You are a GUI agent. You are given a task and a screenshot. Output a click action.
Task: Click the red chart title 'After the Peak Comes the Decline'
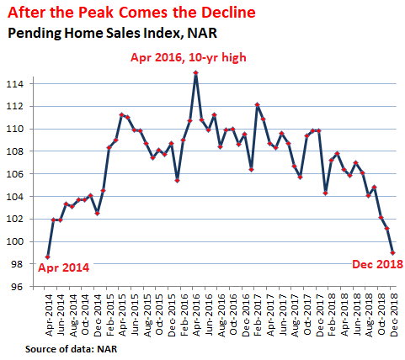click(131, 13)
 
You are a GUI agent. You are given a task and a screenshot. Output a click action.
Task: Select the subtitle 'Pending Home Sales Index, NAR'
click(112, 33)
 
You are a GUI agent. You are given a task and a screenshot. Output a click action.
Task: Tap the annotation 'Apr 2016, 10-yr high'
click(189, 57)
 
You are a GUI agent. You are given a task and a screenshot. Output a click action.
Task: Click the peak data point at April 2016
click(196, 73)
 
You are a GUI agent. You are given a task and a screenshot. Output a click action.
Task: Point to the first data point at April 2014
click(48, 257)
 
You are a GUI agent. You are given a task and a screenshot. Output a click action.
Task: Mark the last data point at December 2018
click(392, 252)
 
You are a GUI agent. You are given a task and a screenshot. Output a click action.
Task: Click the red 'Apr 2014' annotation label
click(63, 267)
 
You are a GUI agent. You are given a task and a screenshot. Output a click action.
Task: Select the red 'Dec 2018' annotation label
click(377, 264)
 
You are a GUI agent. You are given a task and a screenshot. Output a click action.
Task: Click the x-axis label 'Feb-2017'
click(258, 315)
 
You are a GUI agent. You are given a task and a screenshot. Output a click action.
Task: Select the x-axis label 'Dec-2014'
click(98, 315)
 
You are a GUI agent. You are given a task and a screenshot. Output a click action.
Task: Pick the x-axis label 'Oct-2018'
click(381, 315)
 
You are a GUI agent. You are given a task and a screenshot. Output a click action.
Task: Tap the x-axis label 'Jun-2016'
click(208, 315)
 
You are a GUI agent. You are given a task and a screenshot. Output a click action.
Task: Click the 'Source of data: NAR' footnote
click(71, 349)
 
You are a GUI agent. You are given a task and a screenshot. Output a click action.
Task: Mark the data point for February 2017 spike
click(257, 105)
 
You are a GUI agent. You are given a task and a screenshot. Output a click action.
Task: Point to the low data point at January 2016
click(177, 181)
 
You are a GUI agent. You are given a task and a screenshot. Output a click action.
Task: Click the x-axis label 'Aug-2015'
click(147, 315)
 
